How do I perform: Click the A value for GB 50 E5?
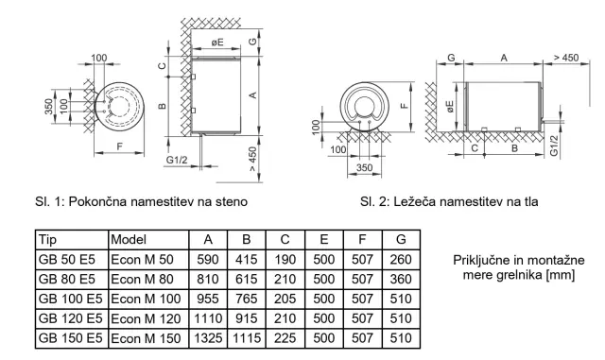208,259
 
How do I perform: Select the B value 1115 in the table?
247,338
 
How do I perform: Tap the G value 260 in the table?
401,259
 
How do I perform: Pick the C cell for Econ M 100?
285,299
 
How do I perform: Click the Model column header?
129,240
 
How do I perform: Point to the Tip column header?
47,240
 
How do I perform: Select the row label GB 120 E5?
71,318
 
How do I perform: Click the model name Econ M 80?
142,279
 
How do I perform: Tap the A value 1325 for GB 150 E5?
208,338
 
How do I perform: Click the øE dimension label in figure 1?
217,43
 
